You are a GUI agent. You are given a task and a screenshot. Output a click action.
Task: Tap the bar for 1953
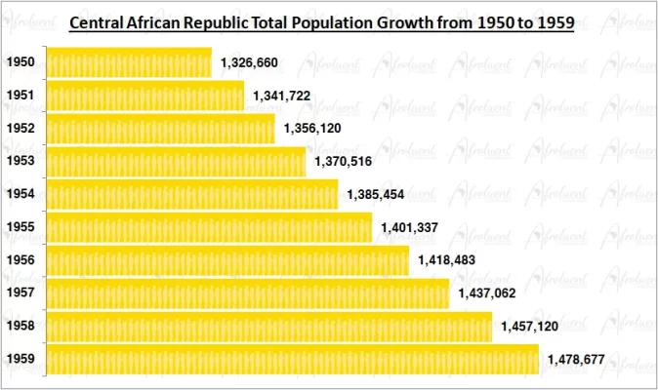pyautogui.click(x=175, y=162)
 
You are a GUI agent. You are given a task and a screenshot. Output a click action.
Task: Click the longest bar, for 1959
pyautogui.click(x=292, y=359)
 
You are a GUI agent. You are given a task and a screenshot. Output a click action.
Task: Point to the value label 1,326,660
pyautogui.click(x=249, y=62)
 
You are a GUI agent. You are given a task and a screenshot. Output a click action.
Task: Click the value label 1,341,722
pyautogui.click(x=281, y=96)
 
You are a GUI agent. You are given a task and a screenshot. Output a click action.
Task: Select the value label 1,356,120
pyautogui.click(x=312, y=129)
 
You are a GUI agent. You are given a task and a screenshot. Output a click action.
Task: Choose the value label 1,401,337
pyautogui.click(x=410, y=227)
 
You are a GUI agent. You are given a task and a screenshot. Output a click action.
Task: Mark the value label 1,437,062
pyautogui.click(x=486, y=293)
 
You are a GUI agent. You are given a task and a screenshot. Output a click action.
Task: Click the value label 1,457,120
pyautogui.click(x=529, y=327)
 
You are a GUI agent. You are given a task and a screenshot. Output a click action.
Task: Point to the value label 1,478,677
pyautogui.click(x=576, y=360)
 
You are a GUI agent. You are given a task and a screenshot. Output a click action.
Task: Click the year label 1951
pyautogui.click(x=20, y=96)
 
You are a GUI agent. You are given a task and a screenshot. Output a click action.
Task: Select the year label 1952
pyautogui.click(x=20, y=129)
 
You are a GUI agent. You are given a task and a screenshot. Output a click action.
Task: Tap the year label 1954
pyautogui.click(x=20, y=194)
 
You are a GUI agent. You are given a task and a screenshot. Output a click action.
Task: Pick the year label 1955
pyautogui.click(x=20, y=227)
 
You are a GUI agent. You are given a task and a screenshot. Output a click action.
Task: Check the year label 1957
pyautogui.click(x=20, y=292)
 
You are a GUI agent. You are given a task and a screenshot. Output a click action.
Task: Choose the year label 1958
pyautogui.click(x=20, y=327)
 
